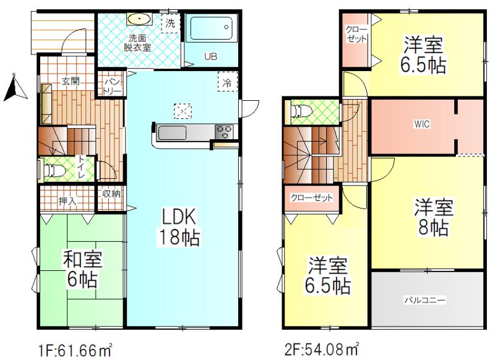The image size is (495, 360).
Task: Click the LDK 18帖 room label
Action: coord(179,226)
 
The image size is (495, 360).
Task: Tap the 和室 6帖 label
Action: coord(83,269)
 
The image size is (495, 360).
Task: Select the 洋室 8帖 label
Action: coord(434,216)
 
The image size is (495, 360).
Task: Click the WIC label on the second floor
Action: coord(422,124)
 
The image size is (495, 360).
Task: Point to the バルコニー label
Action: coord(425,300)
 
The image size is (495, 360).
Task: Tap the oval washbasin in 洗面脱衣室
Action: coord(140,19)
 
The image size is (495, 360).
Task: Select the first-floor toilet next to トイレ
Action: coord(55,170)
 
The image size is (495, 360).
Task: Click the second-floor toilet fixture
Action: coord(301,111)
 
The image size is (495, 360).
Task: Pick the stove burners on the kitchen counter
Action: coord(224,131)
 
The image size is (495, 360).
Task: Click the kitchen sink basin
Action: coord(172,132)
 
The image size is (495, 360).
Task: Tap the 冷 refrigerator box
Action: coord(227,82)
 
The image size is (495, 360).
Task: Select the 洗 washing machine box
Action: coord(170,24)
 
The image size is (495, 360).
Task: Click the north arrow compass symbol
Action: coord(14,88)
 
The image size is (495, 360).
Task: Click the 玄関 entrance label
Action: coord(70,82)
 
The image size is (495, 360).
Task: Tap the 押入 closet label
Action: coord(67,201)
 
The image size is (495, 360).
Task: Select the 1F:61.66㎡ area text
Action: coord(75,350)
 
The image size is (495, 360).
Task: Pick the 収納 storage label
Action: coord(111,194)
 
